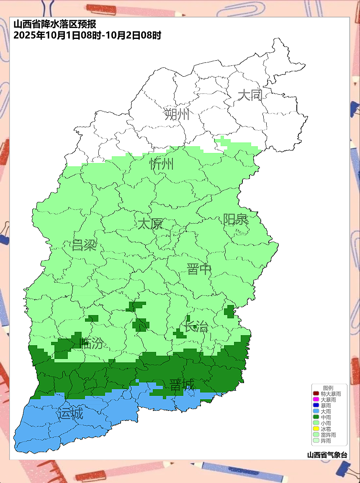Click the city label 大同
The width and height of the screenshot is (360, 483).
[x=250, y=95]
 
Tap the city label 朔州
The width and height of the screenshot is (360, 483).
[x=177, y=114]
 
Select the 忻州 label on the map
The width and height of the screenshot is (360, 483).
[x=162, y=164]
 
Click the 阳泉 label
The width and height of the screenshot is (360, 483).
[x=235, y=219]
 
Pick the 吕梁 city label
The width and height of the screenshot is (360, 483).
[x=84, y=245]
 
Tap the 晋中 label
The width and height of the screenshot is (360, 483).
[x=199, y=269]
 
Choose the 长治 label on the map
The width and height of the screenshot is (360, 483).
[x=196, y=326]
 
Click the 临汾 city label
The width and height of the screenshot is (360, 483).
[x=91, y=344]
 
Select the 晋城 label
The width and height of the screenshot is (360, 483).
[x=182, y=385]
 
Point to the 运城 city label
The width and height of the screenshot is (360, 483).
[x=70, y=414]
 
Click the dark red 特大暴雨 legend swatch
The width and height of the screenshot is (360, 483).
[x=316, y=394]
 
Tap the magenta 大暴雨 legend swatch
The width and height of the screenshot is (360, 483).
[x=316, y=400]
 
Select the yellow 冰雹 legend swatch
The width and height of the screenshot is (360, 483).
[x=316, y=429]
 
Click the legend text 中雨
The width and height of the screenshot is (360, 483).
[x=326, y=417]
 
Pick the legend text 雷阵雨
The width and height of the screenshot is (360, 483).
[x=328, y=435]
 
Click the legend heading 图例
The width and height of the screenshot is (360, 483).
[x=328, y=388]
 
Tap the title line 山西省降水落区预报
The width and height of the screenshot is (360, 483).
[x=57, y=25]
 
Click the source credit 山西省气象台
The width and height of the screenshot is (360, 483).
[x=327, y=455]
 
